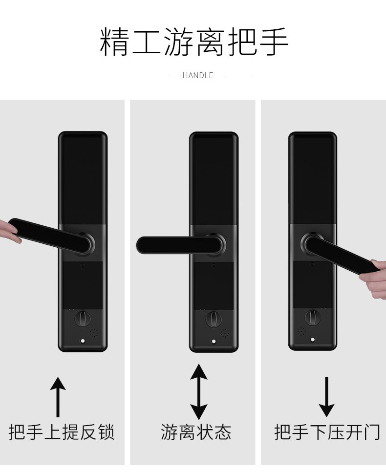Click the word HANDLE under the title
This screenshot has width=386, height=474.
tap(198, 75)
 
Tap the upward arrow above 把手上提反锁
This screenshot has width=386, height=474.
tap(58, 397)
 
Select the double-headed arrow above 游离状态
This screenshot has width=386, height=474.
tap(198, 391)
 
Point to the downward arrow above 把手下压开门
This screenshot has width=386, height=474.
tap(326, 397)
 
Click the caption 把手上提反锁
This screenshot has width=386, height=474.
tap(62, 432)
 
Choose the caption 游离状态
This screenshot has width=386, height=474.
tap(196, 432)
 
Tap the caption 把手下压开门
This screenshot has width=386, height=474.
tap(327, 432)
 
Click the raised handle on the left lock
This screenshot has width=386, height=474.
tap(51, 237)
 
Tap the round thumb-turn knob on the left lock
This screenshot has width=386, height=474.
tap(83, 319)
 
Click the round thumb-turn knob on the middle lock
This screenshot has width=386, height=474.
tap(214, 319)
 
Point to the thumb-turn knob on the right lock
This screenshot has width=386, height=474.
tap(313, 318)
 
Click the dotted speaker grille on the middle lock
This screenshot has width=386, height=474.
tap(225, 333)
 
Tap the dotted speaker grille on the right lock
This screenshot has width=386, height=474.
tap(301, 332)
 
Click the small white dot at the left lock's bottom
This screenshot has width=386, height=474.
tap(83, 341)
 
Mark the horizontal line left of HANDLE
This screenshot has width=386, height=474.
tap(155, 76)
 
